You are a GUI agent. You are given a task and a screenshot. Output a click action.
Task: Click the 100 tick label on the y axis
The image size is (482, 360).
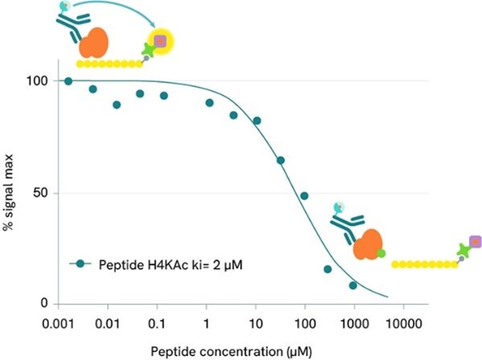click(39, 81)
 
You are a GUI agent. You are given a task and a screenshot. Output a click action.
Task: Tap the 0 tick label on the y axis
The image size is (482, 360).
click(45, 304)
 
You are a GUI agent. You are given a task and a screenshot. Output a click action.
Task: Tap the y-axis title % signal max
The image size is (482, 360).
click(10, 192)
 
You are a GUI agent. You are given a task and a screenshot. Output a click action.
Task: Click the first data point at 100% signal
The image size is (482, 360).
click(68, 81)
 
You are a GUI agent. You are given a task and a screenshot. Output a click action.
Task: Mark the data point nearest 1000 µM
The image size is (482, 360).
click(352, 285)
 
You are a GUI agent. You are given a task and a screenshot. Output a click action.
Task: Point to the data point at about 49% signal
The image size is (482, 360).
click(304, 196)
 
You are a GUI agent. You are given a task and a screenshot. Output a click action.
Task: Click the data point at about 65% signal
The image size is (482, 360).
click(281, 160)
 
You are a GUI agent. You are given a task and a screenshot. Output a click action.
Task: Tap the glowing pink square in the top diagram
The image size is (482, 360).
click(159, 41)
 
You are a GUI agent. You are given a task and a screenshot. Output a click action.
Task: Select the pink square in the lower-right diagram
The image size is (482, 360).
click(475, 241)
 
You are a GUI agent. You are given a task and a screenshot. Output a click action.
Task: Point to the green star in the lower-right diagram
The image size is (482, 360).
click(463, 251)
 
